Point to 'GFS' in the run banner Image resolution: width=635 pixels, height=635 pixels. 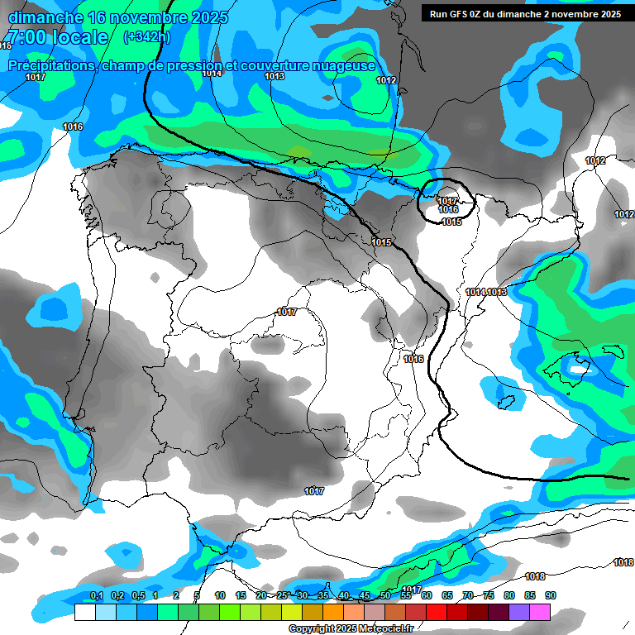pyautogui.click(x=461, y=14)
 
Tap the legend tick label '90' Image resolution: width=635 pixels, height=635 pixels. pyautogui.click(x=551, y=596)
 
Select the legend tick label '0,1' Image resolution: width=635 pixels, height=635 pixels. pyautogui.click(x=96, y=596)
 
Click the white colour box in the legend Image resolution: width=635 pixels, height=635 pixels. pyautogui.click(x=84, y=613)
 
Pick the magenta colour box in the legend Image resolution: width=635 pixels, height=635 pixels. pyautogui.click(x=540, y=613)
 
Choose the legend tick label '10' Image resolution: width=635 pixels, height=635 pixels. pyautogui.click(x=220, y=596)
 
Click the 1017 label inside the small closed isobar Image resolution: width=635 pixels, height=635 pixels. pyautogui.click(x=447, y=201)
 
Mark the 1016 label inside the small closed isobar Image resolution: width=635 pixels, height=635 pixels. pyautogui.click(x=448, y=210)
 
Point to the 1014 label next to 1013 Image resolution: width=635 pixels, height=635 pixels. pyautogui.click(x=475, y=293)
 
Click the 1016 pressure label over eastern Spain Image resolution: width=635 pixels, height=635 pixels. pyautogui.click(x=413, y=359)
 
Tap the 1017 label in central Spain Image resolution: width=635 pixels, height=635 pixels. pyautogui.click(x=287, y=312)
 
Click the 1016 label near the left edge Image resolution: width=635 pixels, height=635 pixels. pyautogui.click(x=73, y=127)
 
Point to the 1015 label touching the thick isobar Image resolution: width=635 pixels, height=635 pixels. pyautogui.click(x=381, y=242)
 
